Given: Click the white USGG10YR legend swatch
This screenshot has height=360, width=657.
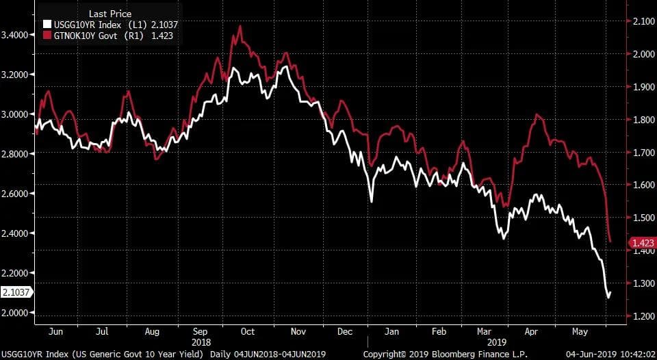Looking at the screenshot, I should point(47,25).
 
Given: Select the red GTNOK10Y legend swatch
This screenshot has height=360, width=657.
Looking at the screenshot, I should point(47,35).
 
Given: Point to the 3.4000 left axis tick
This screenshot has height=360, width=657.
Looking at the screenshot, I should point(16,35).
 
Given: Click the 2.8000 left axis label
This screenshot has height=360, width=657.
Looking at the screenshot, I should point(16,154).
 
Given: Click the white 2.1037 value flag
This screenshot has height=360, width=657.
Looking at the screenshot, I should point(16,292).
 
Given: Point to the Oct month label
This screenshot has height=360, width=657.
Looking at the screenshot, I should point(247,331).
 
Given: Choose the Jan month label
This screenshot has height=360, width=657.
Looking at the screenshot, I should point(392,331).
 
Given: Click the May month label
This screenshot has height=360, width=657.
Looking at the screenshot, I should point(579,331).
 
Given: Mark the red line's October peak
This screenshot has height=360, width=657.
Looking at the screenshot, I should point(240,26).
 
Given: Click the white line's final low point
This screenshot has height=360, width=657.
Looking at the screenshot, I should point(607,298).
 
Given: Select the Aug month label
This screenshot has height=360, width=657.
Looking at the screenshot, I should point(152,331).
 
